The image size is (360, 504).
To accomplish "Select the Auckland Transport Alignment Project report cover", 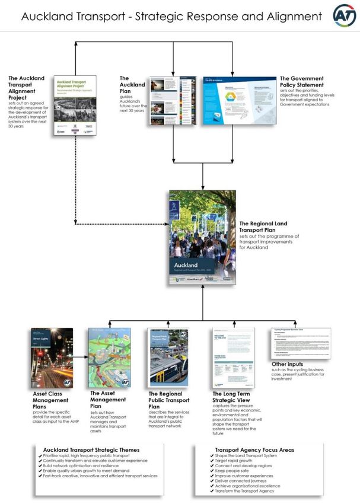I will tap(75, 105).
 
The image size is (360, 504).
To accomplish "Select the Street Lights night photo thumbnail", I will tap(52, 358).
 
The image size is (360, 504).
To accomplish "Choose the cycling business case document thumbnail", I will tap(301, 343).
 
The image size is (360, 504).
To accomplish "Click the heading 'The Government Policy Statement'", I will tap(301, 81).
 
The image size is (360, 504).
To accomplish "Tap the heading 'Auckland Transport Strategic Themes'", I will tap(91, 449).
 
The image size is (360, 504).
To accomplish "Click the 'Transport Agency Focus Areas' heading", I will tap(254, 449).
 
